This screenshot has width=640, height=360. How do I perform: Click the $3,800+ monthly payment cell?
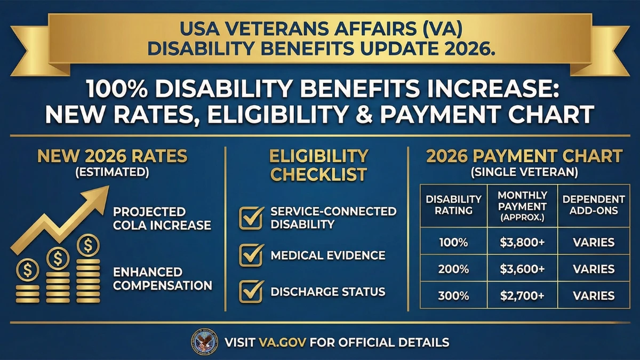coord(522,243)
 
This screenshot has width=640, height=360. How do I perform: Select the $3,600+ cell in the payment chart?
coord(522,269)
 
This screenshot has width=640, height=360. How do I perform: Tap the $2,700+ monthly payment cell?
coord(522,295)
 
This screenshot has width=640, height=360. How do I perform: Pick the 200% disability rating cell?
coord(453,269)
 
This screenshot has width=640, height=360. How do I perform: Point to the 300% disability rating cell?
coord(453,295)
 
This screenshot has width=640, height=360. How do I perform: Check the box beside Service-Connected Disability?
coord(251,218)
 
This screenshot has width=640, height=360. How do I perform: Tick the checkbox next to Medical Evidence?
coord(251,255)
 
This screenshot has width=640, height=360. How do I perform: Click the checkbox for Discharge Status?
coord(251,292)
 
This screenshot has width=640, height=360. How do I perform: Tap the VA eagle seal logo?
coord(204,342)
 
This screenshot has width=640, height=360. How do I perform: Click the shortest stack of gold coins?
coord(27,283)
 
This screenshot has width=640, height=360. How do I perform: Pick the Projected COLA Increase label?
coord(162,218)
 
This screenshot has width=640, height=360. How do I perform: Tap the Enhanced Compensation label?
coord(162,278)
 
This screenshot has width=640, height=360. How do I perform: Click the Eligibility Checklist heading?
coord(319,165)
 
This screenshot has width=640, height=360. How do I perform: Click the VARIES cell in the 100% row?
coord(594,243)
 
